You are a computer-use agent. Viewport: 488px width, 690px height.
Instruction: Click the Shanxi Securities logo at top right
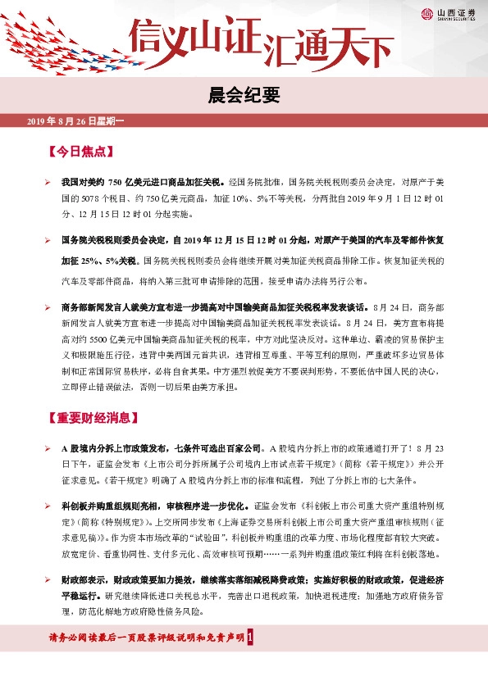click(449, 13)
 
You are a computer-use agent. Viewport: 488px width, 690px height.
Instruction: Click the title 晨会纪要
click(244, 93)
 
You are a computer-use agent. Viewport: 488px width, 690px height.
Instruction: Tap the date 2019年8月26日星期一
click(75, 121)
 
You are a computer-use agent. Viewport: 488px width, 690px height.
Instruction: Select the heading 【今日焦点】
click(80, 152)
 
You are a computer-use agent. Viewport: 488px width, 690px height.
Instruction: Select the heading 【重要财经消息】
click(91, 417)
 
